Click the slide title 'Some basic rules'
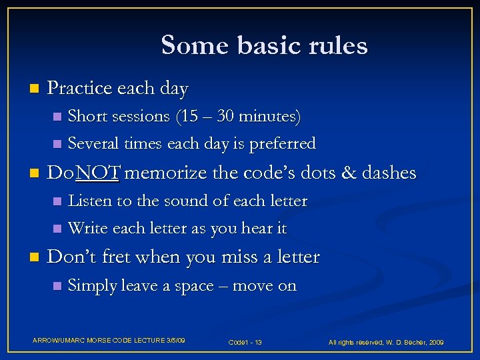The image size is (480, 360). [264, 45]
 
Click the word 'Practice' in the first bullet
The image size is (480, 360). [73, 88]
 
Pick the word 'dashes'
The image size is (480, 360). [389, 174]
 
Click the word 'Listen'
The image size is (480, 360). [90, 201]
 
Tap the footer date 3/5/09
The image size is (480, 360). [175, 341]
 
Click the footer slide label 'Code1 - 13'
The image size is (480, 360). [245, 342]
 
